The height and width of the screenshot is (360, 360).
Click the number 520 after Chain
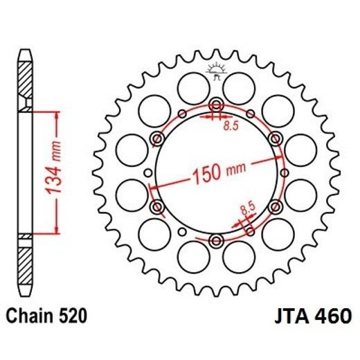[x=73, y=317]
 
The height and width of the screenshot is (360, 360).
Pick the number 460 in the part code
[x=331, y=317]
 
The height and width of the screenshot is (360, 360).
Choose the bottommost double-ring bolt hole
[x=215, y=240]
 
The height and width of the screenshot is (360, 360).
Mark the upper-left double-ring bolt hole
[x=156, y=139]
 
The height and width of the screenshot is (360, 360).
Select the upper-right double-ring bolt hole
[x=275, y=138]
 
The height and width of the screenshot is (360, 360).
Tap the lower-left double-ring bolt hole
[x=156, y=206]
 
